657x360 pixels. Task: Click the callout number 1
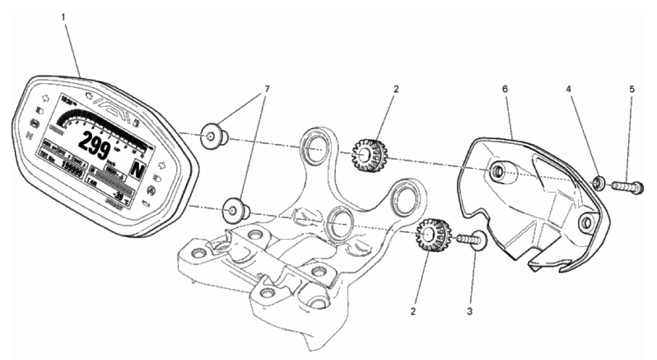tap(63, 17)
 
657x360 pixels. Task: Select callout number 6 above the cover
tap(505, 88)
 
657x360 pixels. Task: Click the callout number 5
tap(632, 88)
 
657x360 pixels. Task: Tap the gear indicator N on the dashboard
tap(137, 170)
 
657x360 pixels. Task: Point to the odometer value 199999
tap(74, 165)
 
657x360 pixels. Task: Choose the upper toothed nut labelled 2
tap(363, 154)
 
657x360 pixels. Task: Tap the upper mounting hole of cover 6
tap(497, 172)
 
